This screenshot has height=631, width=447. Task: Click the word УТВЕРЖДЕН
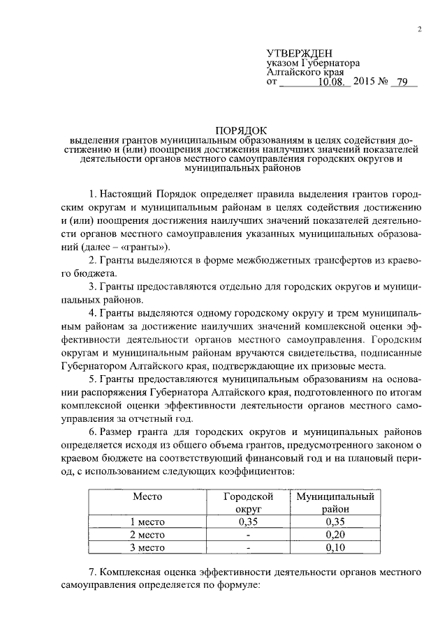[300, 54]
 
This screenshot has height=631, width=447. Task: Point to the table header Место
[147, 496]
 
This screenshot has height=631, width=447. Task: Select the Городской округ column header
[248, 503]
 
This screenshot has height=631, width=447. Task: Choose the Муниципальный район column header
[336, 503]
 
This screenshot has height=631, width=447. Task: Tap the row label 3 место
[147, 547]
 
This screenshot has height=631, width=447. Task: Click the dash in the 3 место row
[248, 547]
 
